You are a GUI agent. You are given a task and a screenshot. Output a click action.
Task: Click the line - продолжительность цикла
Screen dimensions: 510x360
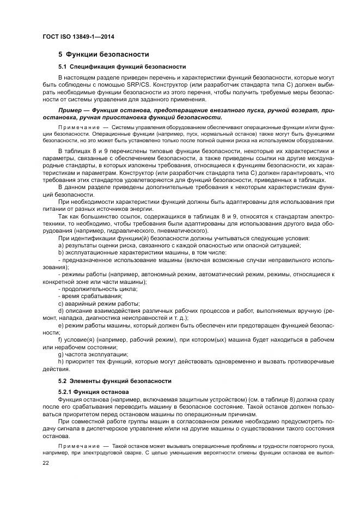click(x=92, y=289)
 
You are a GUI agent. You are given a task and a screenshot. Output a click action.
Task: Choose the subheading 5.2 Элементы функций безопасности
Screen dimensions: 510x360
click(x=115, y=381)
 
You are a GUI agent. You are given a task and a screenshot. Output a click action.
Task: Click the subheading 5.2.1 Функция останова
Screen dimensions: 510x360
click(x=86, y=392)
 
